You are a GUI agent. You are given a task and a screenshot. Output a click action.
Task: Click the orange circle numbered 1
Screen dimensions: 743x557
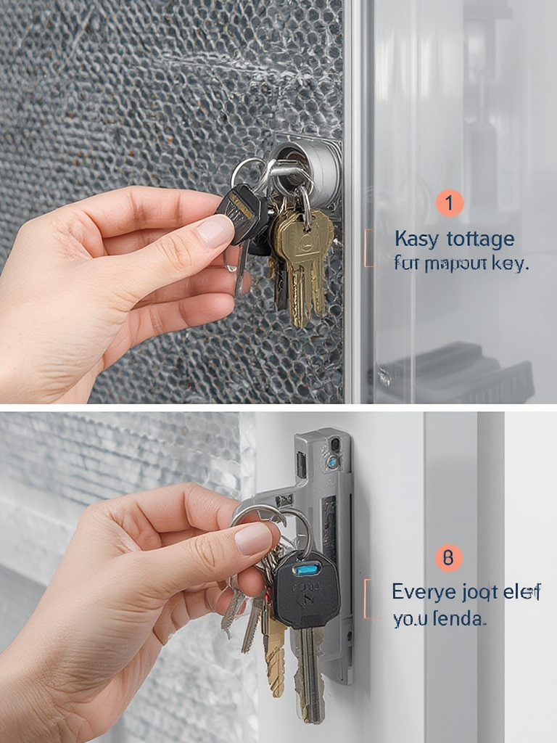coord(449,203)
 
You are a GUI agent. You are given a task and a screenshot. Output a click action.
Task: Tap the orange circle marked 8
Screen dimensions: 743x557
coord(448,558)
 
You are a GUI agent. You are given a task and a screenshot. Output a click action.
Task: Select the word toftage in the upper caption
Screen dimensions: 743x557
coord(481,239)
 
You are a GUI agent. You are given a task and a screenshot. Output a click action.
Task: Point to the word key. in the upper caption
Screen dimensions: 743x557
coord(511,263)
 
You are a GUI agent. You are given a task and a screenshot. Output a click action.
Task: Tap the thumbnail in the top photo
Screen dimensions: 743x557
coord(216,231)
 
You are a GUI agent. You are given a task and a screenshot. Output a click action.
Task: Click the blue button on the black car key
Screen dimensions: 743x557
coord(305,569)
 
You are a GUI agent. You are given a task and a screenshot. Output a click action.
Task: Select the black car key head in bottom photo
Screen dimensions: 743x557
coord(305,588)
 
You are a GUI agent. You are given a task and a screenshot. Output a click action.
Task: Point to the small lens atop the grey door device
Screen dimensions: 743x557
coord(333,461)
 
